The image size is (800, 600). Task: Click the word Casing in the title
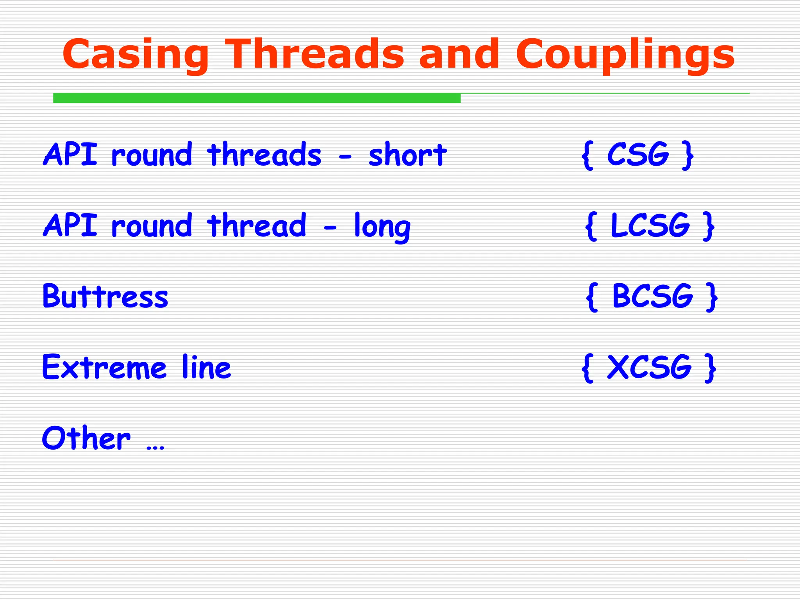click(x=135, y=55)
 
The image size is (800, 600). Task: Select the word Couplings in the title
click(x=625, y=55)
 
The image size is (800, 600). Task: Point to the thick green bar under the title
click(x=257, y=98)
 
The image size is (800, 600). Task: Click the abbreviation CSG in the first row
click(x=638, y=155)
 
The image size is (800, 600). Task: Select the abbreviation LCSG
click(x=650, y=225)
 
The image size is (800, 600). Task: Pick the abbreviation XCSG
click(x=649, y=367)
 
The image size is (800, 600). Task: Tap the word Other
click(x=86, y=438)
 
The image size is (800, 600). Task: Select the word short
click(x=407, y=155)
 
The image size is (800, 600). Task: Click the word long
click(x=382, y=227)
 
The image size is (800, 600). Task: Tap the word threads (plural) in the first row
click(x=264, y=155)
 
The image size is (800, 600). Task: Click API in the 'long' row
click(x=70, y=225)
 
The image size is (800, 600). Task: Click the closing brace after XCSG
click(x=710, y=368)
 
